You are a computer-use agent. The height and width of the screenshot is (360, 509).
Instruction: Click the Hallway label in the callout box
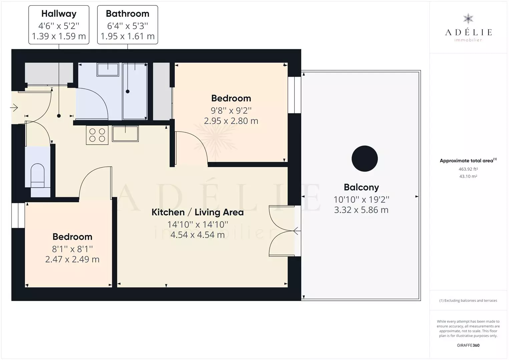[x=59, y=14]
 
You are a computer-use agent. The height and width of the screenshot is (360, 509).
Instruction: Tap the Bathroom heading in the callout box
[x=127, y=14]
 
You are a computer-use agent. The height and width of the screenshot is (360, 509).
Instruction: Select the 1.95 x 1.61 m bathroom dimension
[x=127, y=36]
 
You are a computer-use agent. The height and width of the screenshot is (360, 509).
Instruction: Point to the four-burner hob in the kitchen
[x=97, y=135]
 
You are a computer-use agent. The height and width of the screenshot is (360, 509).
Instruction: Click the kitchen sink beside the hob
[x=125, y=134]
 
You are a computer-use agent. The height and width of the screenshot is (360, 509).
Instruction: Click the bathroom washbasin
[x=108, y=69]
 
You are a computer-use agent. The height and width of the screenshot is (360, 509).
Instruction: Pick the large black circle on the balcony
[x=365, y=158]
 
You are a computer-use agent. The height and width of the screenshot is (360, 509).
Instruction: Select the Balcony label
[x=361, y=187]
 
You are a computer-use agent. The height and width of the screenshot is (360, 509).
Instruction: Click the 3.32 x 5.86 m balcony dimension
[x=361, y=210]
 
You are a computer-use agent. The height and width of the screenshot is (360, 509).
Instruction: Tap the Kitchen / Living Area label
[x=197, y=212]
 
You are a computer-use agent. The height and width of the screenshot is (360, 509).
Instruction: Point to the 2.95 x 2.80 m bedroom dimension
[x=231, y=121]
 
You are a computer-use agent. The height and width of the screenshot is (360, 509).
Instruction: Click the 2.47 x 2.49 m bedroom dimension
[x=72, y=259]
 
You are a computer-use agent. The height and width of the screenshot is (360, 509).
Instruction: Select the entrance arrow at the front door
[x=14, y=108]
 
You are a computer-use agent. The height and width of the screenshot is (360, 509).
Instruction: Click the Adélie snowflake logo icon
[x=468, y=19]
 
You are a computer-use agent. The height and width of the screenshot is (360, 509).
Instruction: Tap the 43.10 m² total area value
[x=468, y=176]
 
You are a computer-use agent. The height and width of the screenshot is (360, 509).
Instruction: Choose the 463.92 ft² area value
[x=468, y=169]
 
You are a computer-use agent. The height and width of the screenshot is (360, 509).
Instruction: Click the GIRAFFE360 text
[x=468, y=345]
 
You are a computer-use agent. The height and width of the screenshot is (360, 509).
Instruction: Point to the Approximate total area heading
[x=468, y=161]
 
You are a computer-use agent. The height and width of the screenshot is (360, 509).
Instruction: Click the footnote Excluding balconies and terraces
[x=468, y=300]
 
